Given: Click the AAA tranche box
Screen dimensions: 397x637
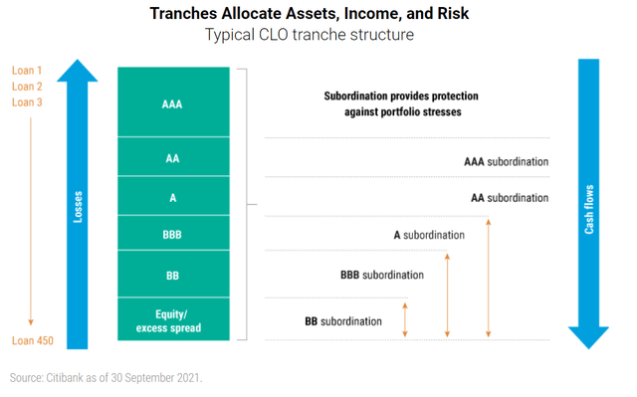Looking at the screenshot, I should click(173, 101).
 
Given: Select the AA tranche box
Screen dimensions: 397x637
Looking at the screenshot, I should click(173, 157).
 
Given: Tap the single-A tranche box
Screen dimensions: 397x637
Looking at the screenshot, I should click(173, 197).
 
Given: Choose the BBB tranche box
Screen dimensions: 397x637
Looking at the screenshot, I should click(173, 234).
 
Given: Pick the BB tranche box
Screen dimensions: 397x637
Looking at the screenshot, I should click(173, 274).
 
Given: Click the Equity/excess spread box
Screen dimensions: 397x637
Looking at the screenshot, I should click(173, 318).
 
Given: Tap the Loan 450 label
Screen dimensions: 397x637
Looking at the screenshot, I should click(32, 341).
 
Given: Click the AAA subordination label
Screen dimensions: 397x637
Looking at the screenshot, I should click(506, 161).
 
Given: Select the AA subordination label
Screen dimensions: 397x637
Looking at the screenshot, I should click(509, 198).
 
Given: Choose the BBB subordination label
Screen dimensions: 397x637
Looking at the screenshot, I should click(382, 275).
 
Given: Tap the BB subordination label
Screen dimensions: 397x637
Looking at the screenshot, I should click(342, 321).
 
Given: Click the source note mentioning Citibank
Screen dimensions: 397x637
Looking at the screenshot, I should click(106, 379).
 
